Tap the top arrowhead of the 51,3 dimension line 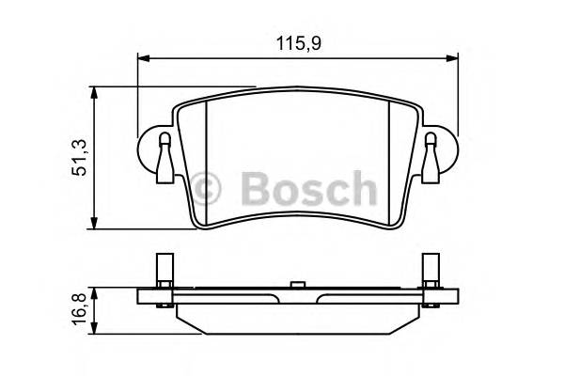pyautogui.click(x=94, y=91)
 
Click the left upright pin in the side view pyautogui.click(x=164, y=273)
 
